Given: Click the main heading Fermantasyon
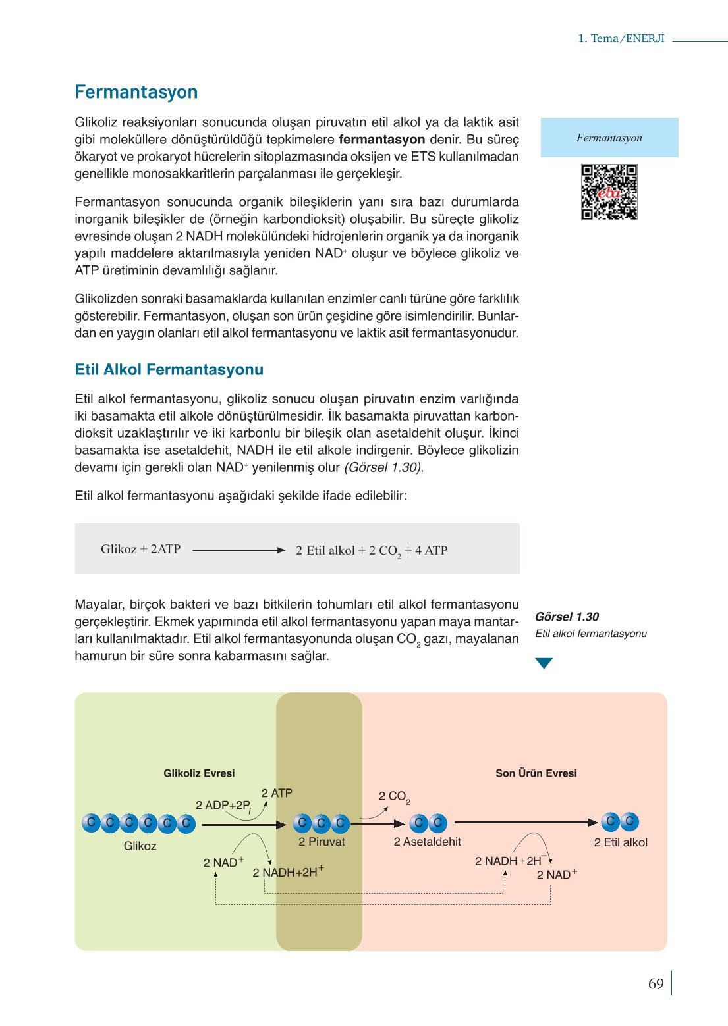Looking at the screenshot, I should tap(136, 92).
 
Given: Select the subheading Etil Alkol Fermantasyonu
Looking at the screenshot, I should tap(169, 370).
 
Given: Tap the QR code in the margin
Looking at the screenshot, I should tap(609, 192).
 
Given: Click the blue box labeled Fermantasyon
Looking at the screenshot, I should tap(609, 138).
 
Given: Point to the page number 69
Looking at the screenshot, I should tap(656, 984).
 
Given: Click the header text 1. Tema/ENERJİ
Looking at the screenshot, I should tap(621, 38).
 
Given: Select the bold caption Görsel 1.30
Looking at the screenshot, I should tap(567, 617).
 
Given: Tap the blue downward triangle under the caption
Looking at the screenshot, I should tap(544, 663).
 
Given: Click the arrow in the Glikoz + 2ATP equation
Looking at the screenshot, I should tap(238, 550).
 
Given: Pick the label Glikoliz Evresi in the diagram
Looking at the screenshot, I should tap(199, 773).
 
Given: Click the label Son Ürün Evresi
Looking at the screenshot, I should tap(536, 773).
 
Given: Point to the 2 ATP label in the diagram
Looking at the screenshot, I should tap(277, 793).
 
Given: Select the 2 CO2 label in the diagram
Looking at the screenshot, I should tap(394, 796).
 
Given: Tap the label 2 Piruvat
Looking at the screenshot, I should tap(322, 842).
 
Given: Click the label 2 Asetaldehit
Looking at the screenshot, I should tap(428, 842).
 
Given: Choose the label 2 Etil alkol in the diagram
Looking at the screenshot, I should tap(621, 842).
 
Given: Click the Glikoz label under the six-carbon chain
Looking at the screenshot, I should tap(140, 846).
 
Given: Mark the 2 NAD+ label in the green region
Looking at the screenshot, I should tap(223, 863).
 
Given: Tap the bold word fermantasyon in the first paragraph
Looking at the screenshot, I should tap(382, 140).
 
